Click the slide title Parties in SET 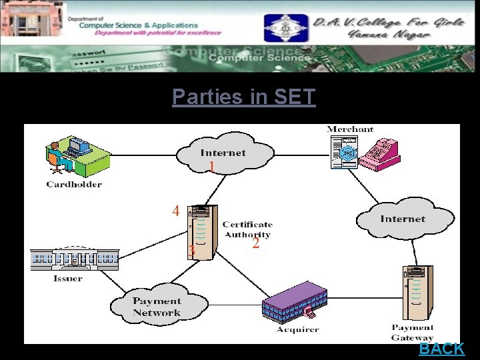pos(243,97)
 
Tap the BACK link pos(441,349)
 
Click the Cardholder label pos(74,184)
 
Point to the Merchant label pos(350,129)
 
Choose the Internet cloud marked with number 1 pos(223,153)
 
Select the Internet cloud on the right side pos(403,219)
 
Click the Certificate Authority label pos(247,229)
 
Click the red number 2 pos(255,244)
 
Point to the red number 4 pos(175,211)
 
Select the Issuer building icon pos(75,259)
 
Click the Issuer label pos(68,278)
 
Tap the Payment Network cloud pos(156,307)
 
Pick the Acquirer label pos(298,329)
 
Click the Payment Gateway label pos(413,333)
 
